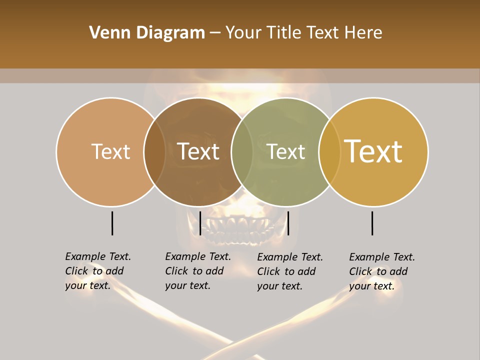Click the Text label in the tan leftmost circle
click(110, 151)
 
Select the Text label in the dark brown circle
click(198, 151)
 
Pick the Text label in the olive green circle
click(286, 151)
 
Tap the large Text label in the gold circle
click(373, 151)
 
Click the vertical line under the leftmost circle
click(112, 223)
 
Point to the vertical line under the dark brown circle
click(200, 223)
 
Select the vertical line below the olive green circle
click(288, 223)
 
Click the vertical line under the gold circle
click(372, 223)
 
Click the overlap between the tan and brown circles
click(154, 151)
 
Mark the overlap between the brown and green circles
click(242, 151)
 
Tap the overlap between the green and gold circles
click(329, 151)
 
